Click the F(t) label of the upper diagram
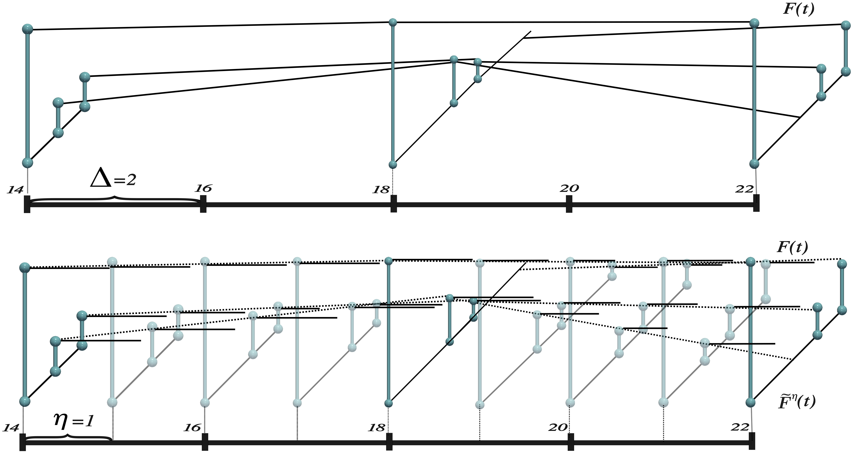tap(798, 9)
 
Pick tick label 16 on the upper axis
tap(203, 188)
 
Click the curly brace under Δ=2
tap(115, 199)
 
